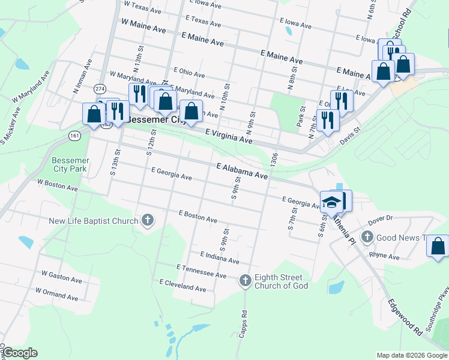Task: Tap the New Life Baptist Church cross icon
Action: [x=148, y=221]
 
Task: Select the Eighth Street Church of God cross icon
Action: [x=245, y=280]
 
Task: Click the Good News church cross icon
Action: [x=367, y=238]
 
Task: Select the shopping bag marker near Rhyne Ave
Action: [x=438, y=246]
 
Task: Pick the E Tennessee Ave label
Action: [x=201, y=271]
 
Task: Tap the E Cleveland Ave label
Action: [x=182, y=285]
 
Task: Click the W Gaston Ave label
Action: [x=61, y=276]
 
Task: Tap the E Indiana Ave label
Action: [x=220, y=258]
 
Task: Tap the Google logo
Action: [x=20, y=353]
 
